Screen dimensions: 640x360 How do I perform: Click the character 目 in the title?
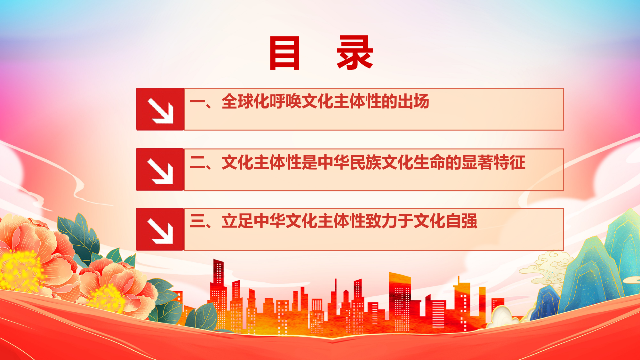coord(284,52)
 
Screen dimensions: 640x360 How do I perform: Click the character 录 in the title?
coord(355,52)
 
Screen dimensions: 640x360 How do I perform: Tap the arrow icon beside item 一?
coord(160,109)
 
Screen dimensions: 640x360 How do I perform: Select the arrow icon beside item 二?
coord(160,170)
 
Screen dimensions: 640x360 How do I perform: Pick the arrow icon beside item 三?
coord(160,229)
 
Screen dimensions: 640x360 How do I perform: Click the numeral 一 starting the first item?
coord(197,102)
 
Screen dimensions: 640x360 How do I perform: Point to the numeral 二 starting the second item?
coord(197,162)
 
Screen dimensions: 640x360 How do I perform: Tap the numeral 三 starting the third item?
coord(197,221)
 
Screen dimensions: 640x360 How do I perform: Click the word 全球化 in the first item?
coord(245,101)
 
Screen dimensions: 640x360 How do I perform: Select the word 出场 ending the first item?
coord(413,101)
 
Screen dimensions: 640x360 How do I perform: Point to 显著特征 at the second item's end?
coord(493,162)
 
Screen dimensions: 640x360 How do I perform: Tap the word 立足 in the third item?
coord(237,221)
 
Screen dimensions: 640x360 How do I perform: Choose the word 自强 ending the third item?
coord(461,221)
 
